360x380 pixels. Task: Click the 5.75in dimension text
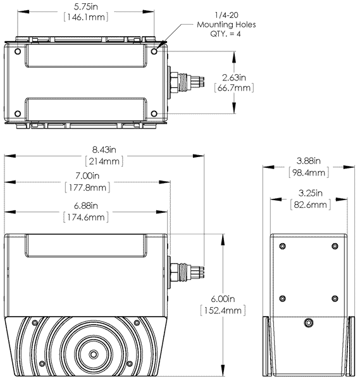86,5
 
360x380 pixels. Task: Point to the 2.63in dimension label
233,77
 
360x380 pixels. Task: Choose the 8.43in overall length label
104,149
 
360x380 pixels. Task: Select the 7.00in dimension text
87,175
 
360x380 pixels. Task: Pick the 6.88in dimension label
87,206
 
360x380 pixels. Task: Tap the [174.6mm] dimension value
87,217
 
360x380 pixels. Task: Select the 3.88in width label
308,161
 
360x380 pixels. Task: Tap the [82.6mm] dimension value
308,205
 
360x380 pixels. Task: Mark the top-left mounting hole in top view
17,51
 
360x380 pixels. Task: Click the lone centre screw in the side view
307,322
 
